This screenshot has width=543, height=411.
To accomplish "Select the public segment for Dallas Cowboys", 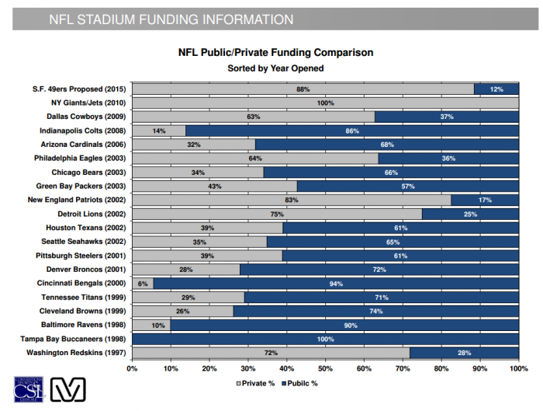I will [447, 117].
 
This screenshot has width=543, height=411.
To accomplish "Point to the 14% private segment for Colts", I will [159, 131].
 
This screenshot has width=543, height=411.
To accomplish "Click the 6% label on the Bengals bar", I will [143, 284].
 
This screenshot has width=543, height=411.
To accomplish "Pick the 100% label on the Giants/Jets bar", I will [325, 103].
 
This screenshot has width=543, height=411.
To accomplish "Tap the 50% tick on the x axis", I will [325, 367].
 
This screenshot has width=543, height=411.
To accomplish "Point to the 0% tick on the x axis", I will [132, 367].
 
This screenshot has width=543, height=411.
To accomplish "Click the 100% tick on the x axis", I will [517, 367].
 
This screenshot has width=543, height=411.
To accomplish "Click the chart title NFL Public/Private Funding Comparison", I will [275, 53].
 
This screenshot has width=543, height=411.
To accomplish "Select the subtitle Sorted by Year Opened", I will [275, 68].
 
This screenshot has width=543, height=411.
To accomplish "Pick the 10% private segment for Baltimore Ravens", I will [151, 325].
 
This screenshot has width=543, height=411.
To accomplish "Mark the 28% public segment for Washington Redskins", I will [464, 353].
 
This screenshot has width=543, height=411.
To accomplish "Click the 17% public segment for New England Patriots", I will [485, 200].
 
